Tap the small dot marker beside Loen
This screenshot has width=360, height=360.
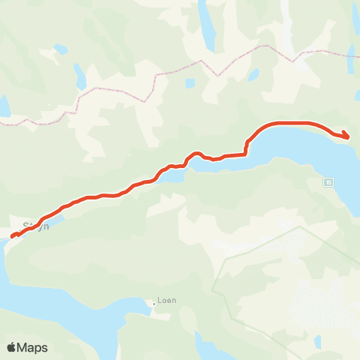click(x=154, y=303)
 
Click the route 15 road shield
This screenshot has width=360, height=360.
click(x=328, y=182)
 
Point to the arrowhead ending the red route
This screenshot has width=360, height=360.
click(x=346, y=135)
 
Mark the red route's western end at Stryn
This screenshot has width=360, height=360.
click(x=13, y=237)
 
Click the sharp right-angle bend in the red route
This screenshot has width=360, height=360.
click(x=246, y=154)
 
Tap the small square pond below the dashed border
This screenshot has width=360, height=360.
click(x=190, y=83)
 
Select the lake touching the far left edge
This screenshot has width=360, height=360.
click(x=4, y=105)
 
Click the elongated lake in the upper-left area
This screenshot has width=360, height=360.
click(x=79, y=75)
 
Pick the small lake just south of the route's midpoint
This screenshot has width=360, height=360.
click(x=171, y=178)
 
